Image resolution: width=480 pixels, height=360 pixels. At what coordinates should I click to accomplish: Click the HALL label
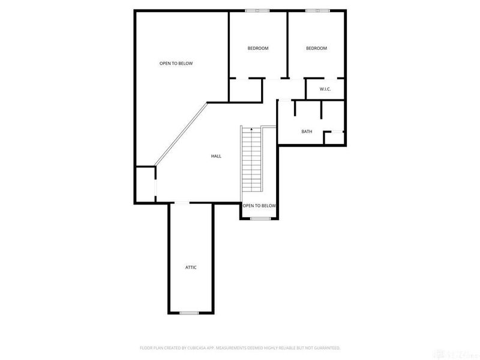216,156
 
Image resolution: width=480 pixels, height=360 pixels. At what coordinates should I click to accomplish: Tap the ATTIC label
190,267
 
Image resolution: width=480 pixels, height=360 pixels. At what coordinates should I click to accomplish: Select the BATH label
307,131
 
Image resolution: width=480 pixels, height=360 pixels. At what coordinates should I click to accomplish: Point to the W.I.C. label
325,89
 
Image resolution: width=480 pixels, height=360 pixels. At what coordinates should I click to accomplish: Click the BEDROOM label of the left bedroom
258,48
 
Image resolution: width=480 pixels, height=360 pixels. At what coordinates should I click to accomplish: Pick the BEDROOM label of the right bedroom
316,48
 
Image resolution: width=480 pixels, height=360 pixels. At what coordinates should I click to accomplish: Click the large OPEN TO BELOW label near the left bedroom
176,63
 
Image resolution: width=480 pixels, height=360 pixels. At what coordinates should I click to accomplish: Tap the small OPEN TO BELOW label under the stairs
259,206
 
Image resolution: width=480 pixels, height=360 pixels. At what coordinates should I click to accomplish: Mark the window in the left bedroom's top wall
257,10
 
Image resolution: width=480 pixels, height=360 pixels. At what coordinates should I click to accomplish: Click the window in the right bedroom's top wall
318,10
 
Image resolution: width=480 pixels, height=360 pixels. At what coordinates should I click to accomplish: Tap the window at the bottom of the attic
189,313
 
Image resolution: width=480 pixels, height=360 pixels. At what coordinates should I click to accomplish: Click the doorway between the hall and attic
180,203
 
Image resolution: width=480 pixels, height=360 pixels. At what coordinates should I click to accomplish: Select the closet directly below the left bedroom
245,89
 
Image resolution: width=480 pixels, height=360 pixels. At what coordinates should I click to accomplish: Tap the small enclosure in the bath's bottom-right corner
334,137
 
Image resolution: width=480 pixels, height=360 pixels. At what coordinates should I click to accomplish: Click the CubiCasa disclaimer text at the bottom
240,347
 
